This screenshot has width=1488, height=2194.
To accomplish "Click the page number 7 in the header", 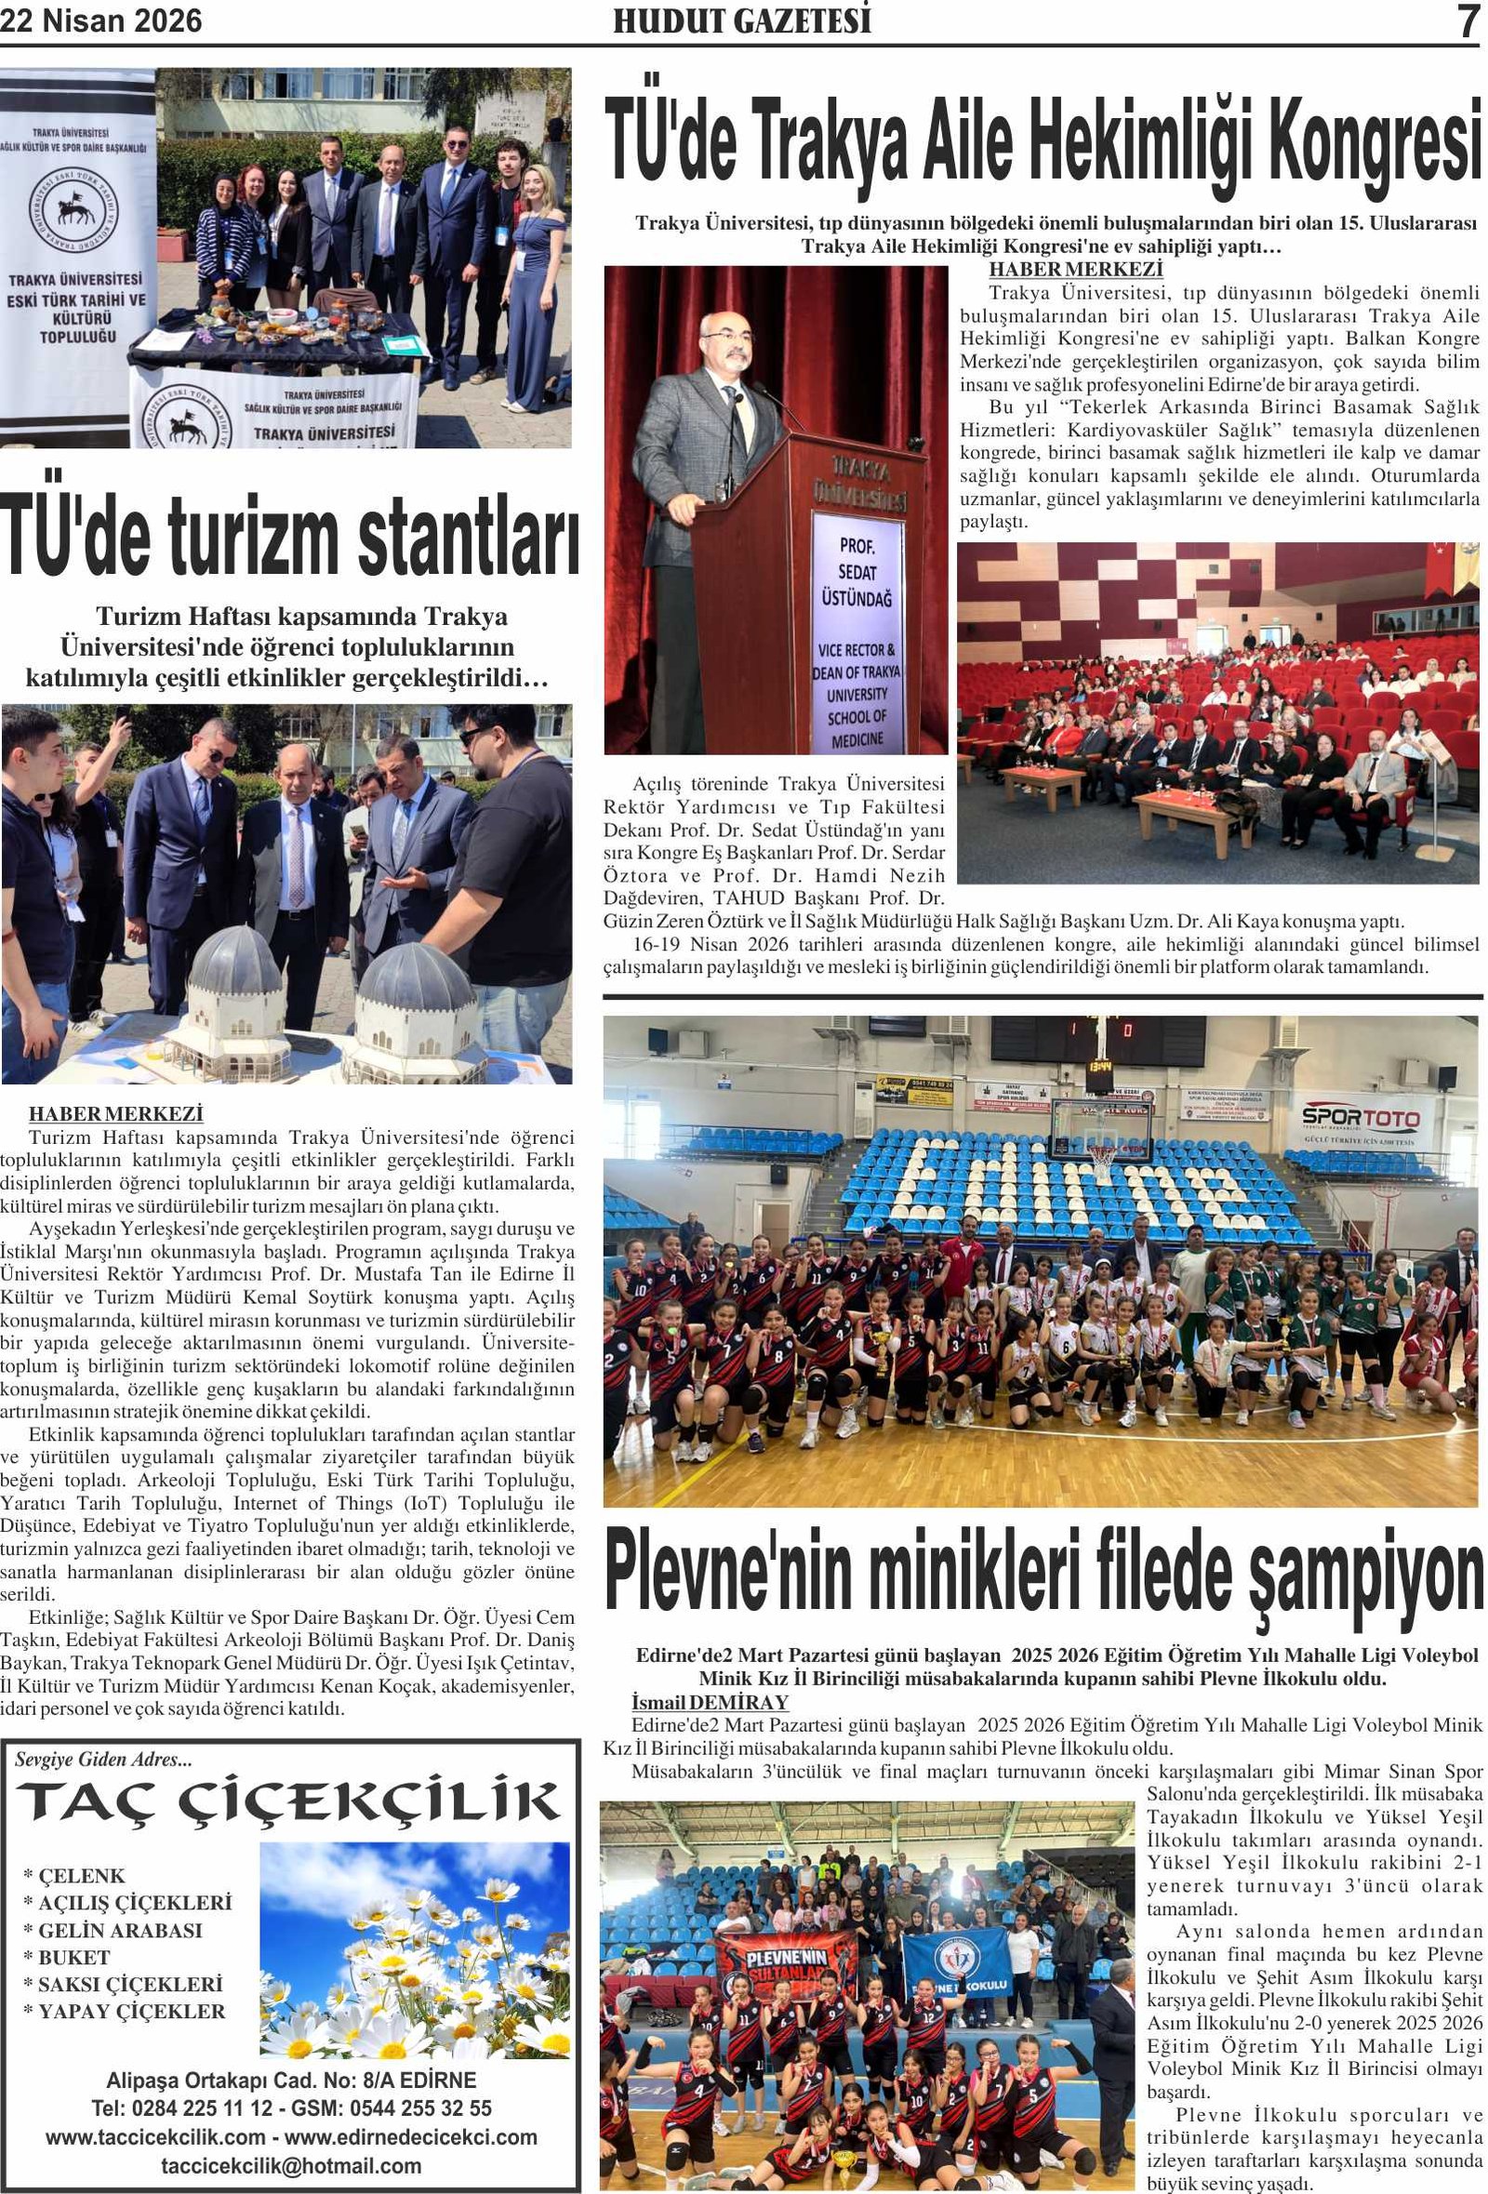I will click(1467, 21).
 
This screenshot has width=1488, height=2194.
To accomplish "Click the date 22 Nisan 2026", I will click(101, 20).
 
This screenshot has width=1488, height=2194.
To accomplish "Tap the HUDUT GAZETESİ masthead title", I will click(742, 20).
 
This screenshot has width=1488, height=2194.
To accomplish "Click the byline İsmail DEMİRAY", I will click(709, 1702).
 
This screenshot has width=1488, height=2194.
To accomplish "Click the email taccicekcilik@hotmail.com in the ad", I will click(291, 2166).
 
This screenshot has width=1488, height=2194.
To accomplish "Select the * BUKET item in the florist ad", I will click(67, 1957).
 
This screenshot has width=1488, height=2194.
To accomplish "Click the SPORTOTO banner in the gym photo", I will click(1361, 1120).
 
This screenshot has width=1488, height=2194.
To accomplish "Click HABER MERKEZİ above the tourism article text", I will click(116, 1114).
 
